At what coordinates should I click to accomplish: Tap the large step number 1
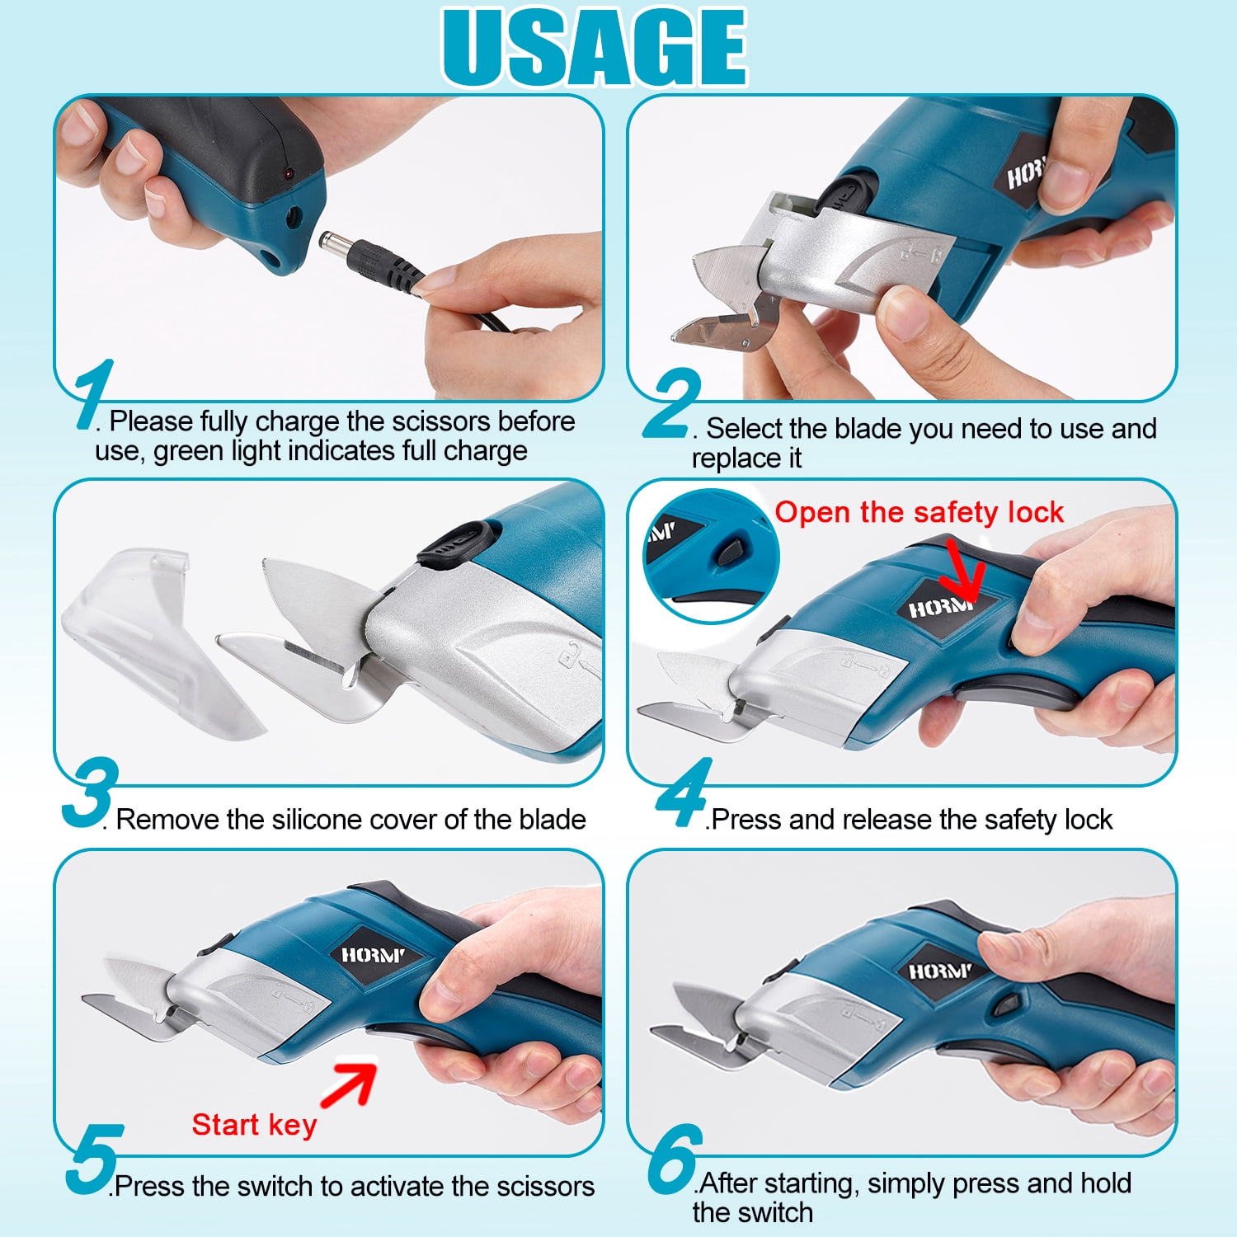pyautogui.click(x=92, y=394)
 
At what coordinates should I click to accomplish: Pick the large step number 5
pyautogui.click(x=94, y=1159)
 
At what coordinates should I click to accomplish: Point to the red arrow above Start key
pyautogui.click(x=349, y=1083)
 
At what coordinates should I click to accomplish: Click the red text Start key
pyautogui.click(x=254, y=1125)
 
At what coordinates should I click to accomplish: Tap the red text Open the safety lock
pyautogui.click(x=920, y=512)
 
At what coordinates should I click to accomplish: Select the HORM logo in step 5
pyautogui.click(x=374, y=955)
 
